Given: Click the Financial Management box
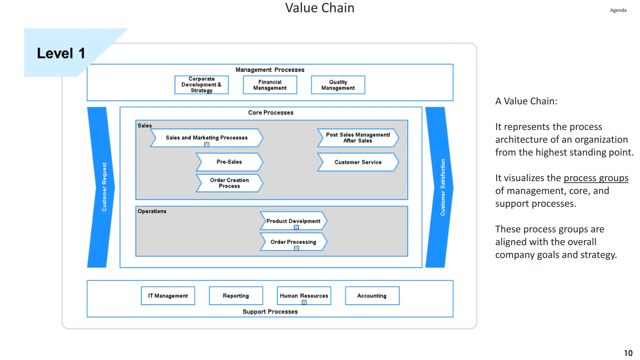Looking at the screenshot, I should tap(270, 85).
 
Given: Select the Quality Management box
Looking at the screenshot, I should tap(338, 85).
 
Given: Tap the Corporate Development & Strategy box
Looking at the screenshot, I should tap(202, 85).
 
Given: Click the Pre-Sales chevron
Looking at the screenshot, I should tap(229, 162).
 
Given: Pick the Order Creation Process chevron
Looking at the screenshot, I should tap(229, 183).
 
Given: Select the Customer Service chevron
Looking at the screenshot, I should tap(358, 162).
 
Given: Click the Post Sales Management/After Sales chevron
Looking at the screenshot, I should tap(358, 138).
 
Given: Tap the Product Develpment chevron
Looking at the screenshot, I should tap(293, 221).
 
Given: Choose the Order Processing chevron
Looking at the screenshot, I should tap(293, 242).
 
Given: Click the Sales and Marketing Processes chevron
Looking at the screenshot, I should tap(207, 138).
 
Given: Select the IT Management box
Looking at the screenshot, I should tap(168, 296).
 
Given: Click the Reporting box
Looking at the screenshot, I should tap(236, 296).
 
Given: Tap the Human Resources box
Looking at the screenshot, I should tap(304, 296).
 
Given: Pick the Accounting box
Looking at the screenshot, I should tap(372, 296).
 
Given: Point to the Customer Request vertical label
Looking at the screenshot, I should tap(104, 187).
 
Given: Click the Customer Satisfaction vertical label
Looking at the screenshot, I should tap(442, 187).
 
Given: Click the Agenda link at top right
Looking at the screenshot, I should tap(618, 10).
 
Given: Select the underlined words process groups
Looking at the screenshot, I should tap(596, 178).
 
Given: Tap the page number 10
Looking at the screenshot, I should tap(628, 353).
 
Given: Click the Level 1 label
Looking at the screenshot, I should tap(61, 53).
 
